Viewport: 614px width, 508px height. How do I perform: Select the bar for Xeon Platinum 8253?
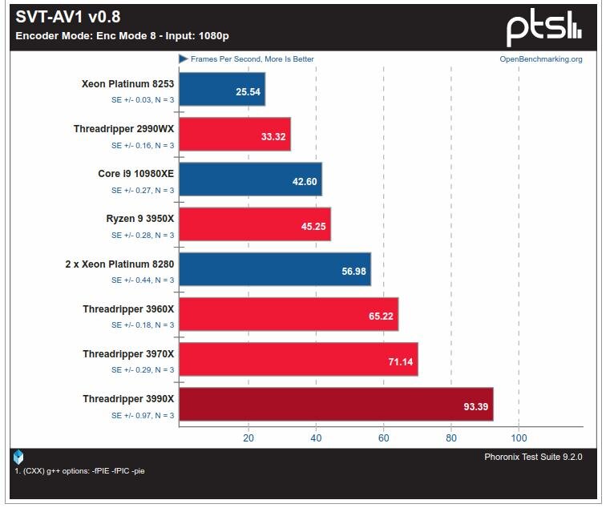point(222,89)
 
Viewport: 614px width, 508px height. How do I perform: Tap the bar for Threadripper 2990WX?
point(235,134)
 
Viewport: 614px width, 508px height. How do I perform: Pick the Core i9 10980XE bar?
point(251,179)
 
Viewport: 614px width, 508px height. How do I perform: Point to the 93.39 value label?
point(476,406)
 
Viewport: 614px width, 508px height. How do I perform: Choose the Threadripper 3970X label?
point(128,353)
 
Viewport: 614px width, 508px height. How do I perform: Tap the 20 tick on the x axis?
point(248,437)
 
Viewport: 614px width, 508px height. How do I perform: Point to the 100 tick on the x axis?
point(519,437)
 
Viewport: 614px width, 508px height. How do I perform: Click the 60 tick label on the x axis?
point(383,437)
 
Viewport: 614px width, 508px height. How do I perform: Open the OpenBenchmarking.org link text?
point(541,59)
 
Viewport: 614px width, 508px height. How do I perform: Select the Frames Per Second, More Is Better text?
point(252,59)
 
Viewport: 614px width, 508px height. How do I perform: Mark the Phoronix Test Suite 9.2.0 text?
point(533,457)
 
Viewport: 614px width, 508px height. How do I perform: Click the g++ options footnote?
point(79,470)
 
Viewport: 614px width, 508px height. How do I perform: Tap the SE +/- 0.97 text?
point(143,415)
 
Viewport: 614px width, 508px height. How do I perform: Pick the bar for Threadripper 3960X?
point(289,314)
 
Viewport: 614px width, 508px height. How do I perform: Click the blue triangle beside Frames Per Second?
point(184,59)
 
